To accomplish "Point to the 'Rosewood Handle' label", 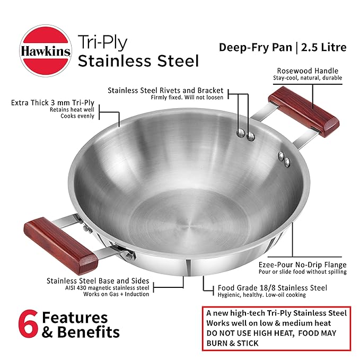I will (x=308, y=70).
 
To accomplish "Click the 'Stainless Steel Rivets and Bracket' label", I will (x=165, y=90).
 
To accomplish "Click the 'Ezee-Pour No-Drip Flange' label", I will (x=302, y=264).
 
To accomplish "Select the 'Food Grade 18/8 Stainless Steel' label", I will (x=272, y=288).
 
